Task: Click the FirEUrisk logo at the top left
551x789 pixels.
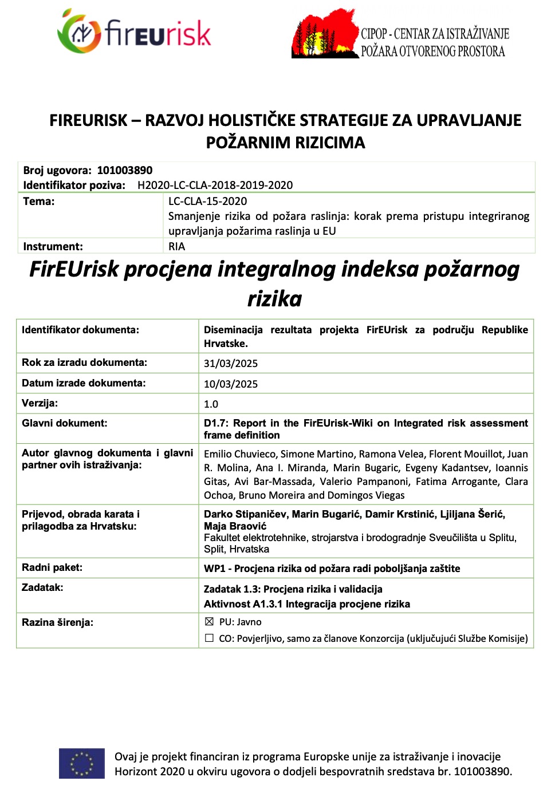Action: point(134,32)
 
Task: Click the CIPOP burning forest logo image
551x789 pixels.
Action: point(325,34)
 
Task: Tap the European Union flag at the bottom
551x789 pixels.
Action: point(82,763)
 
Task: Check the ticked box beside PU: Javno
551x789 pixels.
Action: point(209,622)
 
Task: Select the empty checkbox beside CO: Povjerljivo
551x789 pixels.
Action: point(209,638)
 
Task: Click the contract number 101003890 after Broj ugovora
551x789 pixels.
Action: point(125,170)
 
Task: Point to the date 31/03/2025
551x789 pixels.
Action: point(231,364)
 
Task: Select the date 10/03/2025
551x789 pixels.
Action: point(231,384)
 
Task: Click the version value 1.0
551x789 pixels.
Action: point(211,404)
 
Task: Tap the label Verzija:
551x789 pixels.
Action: point(40,403)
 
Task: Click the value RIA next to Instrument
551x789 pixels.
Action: point(176,247)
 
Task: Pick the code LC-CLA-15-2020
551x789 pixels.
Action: point(207,201)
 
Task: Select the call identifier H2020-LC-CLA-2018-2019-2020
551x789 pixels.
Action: point(215,185)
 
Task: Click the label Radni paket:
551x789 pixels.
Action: point(52,567)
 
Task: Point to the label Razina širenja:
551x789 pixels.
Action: point(57,622)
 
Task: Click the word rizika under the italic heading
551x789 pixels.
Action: point(274,298)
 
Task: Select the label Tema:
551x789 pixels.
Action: point(39,201)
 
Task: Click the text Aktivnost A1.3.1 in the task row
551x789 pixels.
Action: point(243,604)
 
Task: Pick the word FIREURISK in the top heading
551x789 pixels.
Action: point(88,120)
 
